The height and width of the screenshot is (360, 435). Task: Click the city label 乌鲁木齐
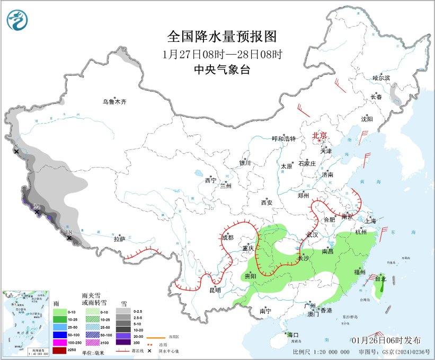115,101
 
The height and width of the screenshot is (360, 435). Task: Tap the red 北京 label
320,135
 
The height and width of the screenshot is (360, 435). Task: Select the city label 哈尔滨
381,77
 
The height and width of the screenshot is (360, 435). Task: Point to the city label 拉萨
119,239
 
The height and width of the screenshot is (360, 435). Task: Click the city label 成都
227,238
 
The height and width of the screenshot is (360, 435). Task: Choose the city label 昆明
215,291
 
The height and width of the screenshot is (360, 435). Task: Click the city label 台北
380,278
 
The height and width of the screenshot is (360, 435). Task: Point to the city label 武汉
312,234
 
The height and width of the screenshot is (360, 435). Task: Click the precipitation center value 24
37,207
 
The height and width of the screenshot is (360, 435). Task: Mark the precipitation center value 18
68,232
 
